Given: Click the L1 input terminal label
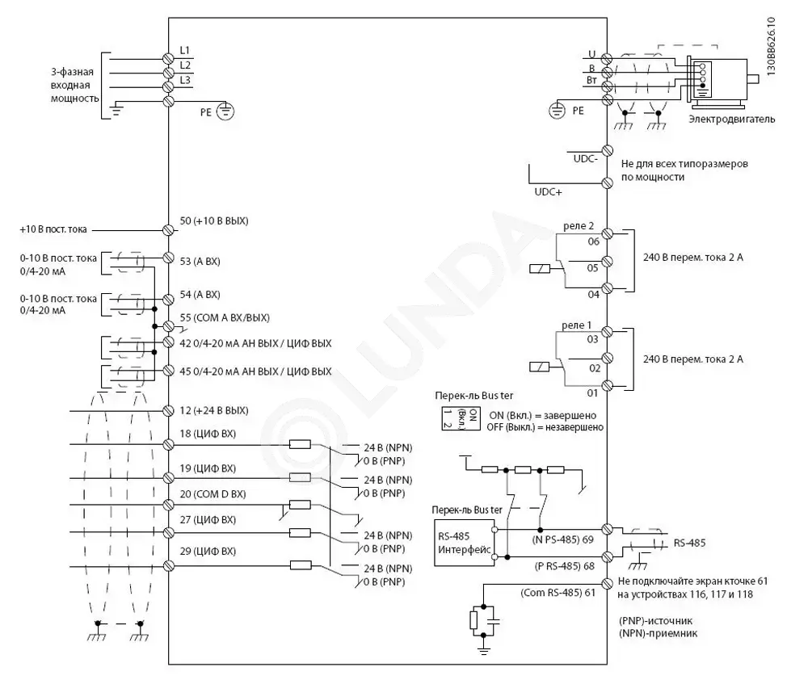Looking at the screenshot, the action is pyautogui.click(x=184, y=51).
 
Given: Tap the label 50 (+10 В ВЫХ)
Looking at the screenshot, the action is pyautogui.click(x=214, y=221).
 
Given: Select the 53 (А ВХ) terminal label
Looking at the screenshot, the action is pyautogui.click(x=200, y=262).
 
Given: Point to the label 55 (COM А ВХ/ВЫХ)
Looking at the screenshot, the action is pyautogui.click(x=225, y=318).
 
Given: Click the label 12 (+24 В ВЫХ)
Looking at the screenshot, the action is pyautogui.click(x=214, y=410).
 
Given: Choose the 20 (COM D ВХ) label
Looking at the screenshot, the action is pyautogui.click(x=213, y=494).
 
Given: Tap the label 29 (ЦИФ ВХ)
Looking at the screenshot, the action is pyautogui.click(x=208, y=551).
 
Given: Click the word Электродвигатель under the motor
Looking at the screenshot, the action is pyautogui.click(x=732, y=120).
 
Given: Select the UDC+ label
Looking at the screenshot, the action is pyautogui.click(x=549, y=192).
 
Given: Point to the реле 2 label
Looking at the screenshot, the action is pyautogui.click(x=579, y=226).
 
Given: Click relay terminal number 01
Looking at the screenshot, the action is pyautogui.click(x=592, y=393).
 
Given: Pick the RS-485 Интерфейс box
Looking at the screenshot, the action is pyautogui.click(x=465, y=543).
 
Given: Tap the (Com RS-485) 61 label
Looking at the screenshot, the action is pyautogui.click(x=558, y=593).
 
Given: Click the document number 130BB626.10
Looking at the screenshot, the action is pyautogui.click(x=770, y=47).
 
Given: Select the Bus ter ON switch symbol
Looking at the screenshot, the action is pyautogui.click(x=461, y=418).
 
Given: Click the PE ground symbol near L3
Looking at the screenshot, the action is pyautogui.click(x=225, y=111).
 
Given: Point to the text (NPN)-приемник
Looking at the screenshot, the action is pyautogui.click(x=658, y=633).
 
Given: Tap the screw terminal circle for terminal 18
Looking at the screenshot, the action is pyautogui.click(x=168, y=444).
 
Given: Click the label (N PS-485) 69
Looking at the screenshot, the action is pyautogui.click(x=562, y=539).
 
